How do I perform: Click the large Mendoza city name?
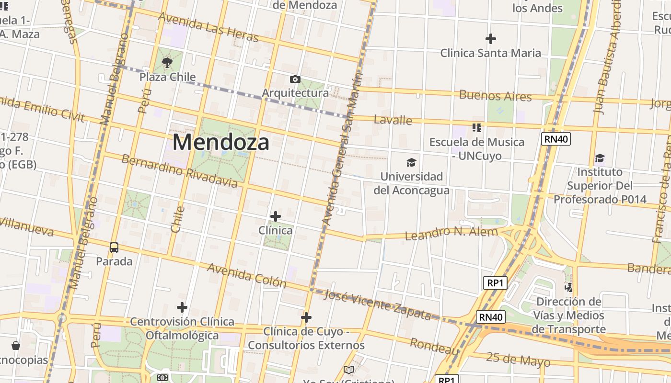pos(220,142)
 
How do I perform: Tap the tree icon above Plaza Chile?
pos(167,62)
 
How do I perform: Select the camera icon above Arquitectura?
pos(295,79)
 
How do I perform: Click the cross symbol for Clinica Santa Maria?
pos(491,39)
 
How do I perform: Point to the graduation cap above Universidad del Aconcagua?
pos(411,163)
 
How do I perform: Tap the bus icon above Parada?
pos(114,248)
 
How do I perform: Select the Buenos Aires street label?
pos(495,95)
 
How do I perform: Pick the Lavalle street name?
pos(393,120)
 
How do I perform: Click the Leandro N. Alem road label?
pos(451,233)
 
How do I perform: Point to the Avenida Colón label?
pos(246,275)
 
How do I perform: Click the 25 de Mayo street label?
pos(518,359)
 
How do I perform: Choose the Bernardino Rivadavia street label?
pos(179,170)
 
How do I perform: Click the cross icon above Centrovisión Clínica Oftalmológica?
pos(182,307)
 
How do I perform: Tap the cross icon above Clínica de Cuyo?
pos(306,317)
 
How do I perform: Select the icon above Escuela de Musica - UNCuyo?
pos(476,128)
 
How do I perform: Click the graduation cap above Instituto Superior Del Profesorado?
pos(600,158)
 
